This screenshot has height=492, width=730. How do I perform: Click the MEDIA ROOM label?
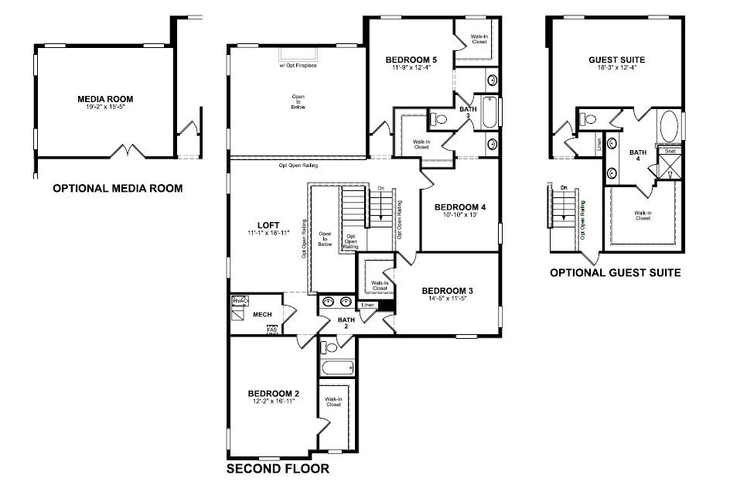[105, 99]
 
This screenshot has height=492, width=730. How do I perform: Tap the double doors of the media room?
[128, 150]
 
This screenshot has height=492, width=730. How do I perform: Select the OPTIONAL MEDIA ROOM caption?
[118, 188]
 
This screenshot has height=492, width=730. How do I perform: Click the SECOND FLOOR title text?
[278, 469]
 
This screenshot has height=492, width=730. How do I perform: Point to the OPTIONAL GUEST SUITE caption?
[615, 272]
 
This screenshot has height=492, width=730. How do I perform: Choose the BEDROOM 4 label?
[460, 207]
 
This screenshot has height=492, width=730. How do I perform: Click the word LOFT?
[268, 225]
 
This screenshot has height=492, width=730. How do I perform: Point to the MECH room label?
[262, 315]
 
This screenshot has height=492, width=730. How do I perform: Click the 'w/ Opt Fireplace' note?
[298, 65]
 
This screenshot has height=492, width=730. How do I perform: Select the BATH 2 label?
[345, 324]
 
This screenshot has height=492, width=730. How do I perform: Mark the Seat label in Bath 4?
[670, 152]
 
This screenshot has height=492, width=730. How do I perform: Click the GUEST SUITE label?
[616, 60]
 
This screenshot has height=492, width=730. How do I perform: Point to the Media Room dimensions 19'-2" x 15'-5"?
[105, 108]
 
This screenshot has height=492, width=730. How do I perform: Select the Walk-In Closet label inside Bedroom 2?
[333, 401]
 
